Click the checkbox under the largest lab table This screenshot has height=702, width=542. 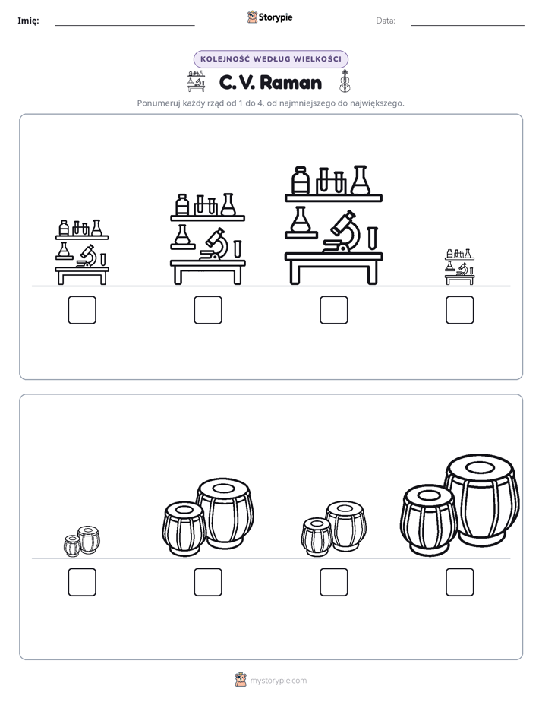tap(333, 310)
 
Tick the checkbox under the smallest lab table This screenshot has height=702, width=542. tap(460, 310)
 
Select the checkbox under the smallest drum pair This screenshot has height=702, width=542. tap(82, 582)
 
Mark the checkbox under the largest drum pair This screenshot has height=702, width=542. tap(460, 582)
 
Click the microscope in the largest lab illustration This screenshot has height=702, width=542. tap(342, 232)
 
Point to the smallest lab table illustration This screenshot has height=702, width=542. tap(460, 267)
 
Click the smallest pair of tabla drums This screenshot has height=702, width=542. tap(82, 541)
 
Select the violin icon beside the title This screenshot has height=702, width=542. tap(345, 81)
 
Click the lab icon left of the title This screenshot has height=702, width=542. tap(196, 81)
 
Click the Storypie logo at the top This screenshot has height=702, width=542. tap(269, 17)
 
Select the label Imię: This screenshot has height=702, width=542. tap(28, 21)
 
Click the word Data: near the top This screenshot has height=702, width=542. tap(386, 21)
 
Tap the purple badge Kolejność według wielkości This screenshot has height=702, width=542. tap(270, 59)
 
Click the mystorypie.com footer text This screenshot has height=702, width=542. tap(278, 681)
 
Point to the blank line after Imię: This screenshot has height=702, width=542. tap(124, 25)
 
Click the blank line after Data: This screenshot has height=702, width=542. tap(468, 25)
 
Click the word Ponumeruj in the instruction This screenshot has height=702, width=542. tap(155, 103)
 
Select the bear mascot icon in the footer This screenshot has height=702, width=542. tap(241, 680)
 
